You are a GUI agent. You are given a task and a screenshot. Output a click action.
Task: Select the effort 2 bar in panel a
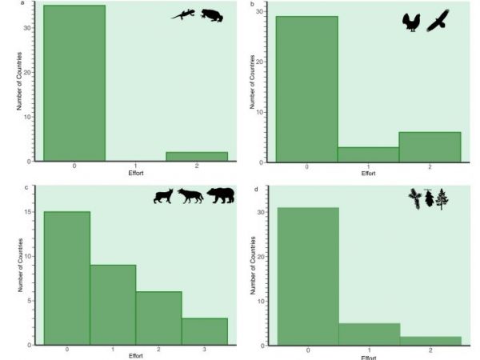tap(196, 156)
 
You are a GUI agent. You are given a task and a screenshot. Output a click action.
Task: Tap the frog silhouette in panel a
tap(212, 15)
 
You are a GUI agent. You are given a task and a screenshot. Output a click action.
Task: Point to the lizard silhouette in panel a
tap(183, 14)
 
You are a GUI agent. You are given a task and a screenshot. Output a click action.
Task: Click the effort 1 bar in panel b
tap(369, 154)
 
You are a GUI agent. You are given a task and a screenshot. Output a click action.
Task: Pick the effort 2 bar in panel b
tap(430, 147)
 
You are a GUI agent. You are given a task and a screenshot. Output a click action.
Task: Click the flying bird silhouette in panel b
tap(439, 21)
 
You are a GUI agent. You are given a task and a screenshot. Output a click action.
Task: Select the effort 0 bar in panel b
tap(307, 89)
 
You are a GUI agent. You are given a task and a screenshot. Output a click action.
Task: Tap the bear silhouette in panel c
tap(222, 194)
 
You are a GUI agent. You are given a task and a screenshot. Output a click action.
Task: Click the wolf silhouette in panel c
tap(190, 195)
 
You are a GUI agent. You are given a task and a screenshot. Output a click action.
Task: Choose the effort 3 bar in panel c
tap(205, 331)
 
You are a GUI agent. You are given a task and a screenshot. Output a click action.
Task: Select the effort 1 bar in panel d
tap(369, 334)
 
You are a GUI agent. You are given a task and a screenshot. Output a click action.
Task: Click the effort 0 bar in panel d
tap(307, 276)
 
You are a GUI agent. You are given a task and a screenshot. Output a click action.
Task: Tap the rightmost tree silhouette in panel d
tap(442, 198)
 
